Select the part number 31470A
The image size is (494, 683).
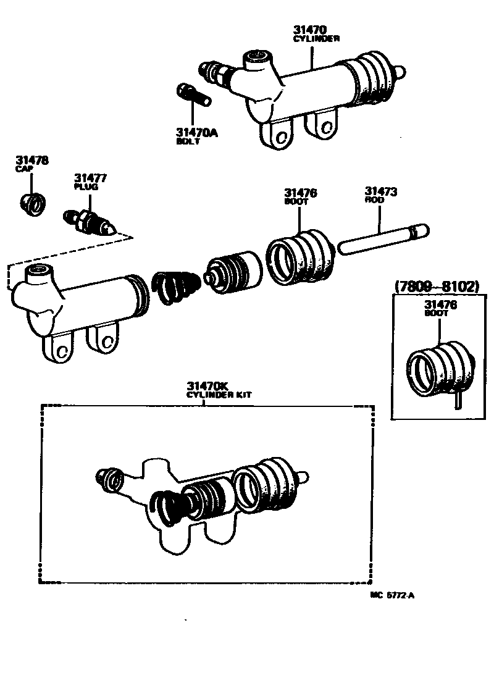point(197,132)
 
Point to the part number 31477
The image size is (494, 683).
point(91,178)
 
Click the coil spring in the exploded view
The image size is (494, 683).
point(175,287)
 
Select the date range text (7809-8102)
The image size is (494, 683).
point(436,287)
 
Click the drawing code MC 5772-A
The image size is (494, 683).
point(392,595)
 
